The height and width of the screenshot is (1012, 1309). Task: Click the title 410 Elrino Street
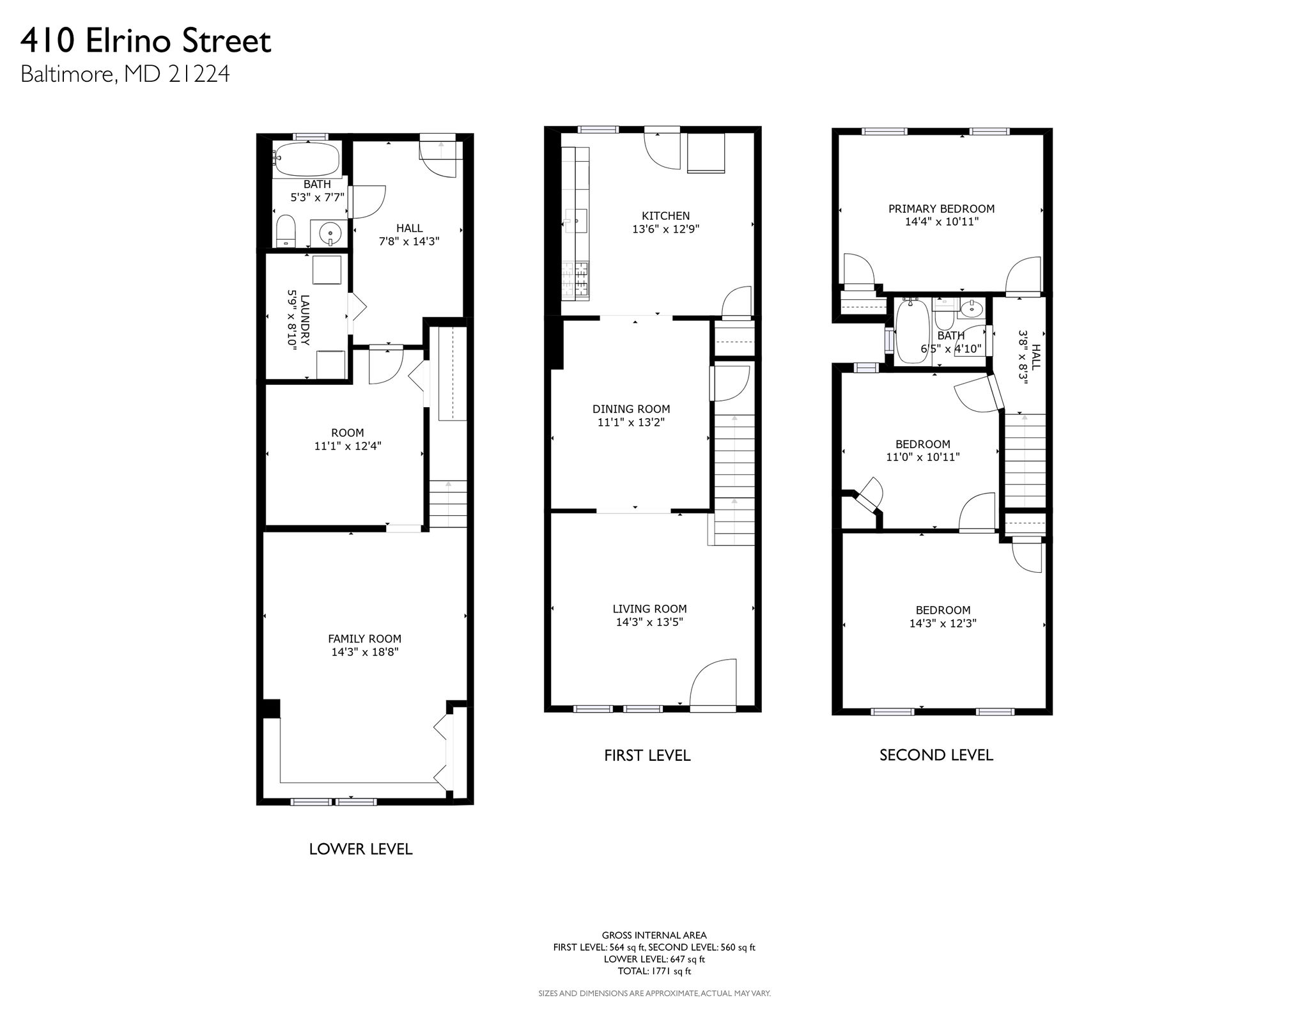146,42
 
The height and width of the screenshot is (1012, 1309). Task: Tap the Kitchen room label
666,216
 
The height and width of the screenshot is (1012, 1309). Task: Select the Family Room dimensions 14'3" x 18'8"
365,652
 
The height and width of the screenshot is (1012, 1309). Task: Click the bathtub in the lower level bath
306,159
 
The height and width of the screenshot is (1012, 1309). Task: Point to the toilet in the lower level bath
285,231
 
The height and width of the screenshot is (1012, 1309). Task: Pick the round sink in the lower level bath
330,233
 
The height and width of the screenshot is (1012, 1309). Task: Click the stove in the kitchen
575,281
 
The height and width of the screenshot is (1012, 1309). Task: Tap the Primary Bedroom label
941,208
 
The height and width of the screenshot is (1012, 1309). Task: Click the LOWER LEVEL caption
360,849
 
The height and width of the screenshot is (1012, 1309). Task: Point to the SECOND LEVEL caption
936,755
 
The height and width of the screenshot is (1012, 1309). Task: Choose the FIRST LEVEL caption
647,756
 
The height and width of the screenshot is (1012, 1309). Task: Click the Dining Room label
631,409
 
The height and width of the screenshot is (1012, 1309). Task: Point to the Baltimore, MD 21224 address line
125,75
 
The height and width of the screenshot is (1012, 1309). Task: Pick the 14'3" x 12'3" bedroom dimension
943,623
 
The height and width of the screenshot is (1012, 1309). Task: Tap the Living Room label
650,609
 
